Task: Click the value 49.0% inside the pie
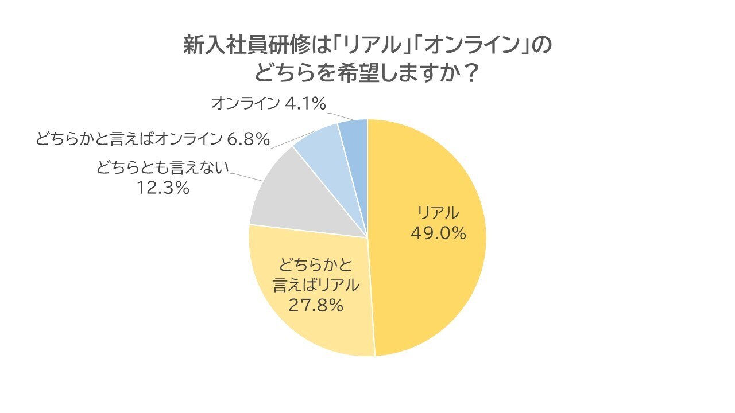click(438, 233)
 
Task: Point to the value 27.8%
click(315, 305)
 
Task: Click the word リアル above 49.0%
click(438, 213)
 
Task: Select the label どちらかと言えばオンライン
click(128, 138)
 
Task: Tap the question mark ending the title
click(470, 73)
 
